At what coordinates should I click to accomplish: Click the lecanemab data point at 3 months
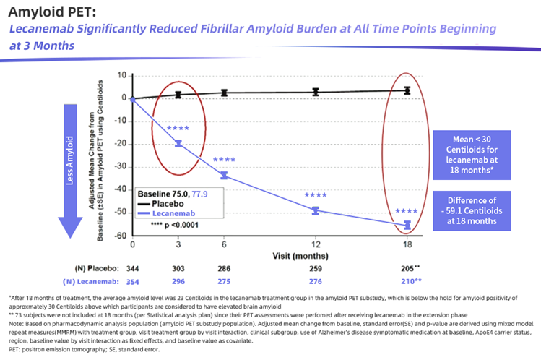coord(178,143)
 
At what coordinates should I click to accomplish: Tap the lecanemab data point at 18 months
coord(407,225)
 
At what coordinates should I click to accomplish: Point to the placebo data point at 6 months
coord(224,93)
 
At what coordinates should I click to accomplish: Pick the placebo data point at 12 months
coord(316,92)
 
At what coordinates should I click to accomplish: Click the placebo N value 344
coord(133,268)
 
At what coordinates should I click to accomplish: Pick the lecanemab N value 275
coord(224,280)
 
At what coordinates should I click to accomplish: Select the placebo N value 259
coord(316,268)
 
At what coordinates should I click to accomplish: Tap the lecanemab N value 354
coord(133,280)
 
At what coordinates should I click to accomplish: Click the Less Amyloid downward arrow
coord(71,171)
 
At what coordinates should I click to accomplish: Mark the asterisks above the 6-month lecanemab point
coord(224,160)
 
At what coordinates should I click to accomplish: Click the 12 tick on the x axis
coord(316,245)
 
